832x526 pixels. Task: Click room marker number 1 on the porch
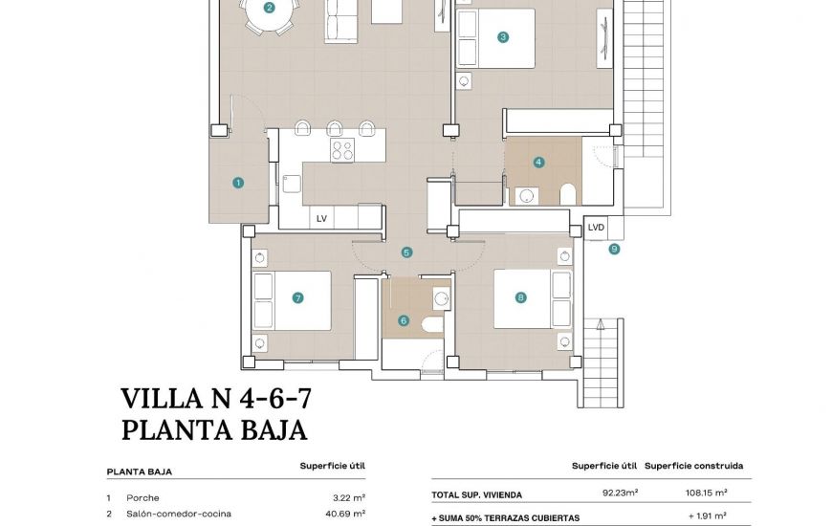(238, 183)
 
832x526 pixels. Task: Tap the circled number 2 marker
(270, 8)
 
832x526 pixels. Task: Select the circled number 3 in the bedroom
(502, 37)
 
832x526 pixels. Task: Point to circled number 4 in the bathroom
(538, 162)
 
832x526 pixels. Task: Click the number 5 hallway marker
(406, 252)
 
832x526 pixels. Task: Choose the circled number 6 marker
(404, 320)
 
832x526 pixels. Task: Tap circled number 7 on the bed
(297, 297)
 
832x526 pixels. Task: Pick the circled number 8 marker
(520, 297)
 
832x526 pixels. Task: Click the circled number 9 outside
(614, 249)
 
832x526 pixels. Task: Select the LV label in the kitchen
(321, 219)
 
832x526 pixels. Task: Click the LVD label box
(597, 228)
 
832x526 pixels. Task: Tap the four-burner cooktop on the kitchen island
(342, 149)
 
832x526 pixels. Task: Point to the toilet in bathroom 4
(567, 194)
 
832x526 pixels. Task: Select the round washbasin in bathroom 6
(441, 299)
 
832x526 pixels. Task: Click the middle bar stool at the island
(335, 128)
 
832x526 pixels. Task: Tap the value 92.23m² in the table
(620, 493)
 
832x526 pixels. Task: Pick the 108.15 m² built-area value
(707, 493)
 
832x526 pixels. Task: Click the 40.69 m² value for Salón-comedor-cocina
(345, 514)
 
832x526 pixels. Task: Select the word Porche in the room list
(142, 498)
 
